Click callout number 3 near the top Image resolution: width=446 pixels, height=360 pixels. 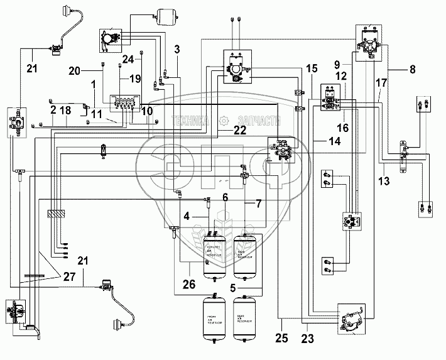point(177,49)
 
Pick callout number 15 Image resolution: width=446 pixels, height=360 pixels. point(312,68)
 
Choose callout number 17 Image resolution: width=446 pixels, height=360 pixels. point(381,82)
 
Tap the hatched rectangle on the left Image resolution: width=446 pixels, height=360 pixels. point(55,214)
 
